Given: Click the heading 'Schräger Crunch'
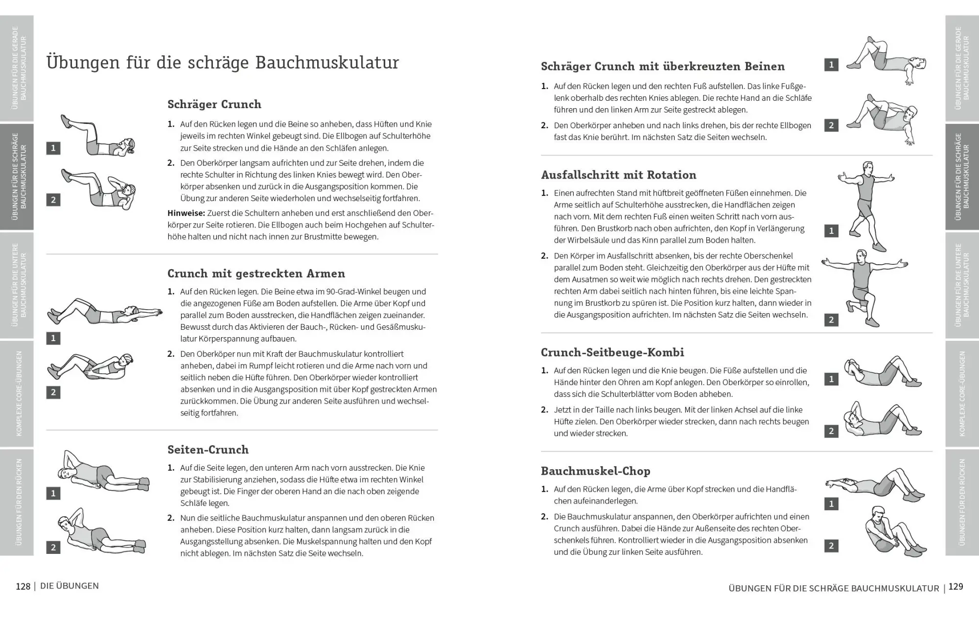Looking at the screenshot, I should [214, 104].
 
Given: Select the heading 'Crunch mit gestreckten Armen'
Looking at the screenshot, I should [256, 274].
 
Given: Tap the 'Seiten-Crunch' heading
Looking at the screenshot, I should [208, 450].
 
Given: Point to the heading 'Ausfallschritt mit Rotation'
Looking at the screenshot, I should [618, 175].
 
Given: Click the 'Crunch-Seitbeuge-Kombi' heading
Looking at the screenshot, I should [612, 352].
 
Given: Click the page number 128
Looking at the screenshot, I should [23, 586].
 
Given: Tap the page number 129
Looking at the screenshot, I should [956, 587].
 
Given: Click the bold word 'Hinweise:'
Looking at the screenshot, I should [186, 213].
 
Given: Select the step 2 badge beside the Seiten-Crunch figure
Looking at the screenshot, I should [53, 547].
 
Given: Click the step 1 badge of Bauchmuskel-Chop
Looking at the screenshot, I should [831, 504].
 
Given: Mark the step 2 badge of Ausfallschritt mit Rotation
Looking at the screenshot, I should [831, 320].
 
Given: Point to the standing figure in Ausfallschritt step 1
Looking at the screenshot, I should [867, 206].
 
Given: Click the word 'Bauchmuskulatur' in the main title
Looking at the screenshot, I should [327, 63].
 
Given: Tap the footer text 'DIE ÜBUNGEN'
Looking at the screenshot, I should [70, 586].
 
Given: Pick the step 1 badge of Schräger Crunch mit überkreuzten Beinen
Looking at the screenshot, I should [831, 65].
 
